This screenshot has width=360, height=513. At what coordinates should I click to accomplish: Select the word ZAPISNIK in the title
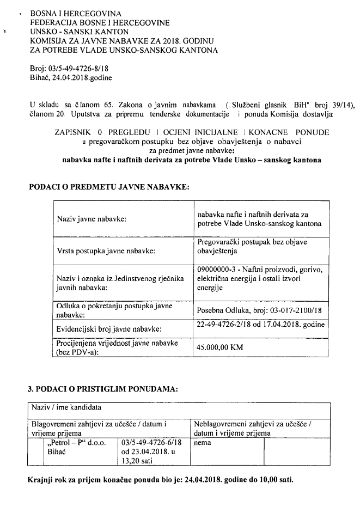pos(74,132)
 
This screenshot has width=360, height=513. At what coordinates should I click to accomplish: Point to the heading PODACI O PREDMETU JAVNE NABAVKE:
pos(108,187)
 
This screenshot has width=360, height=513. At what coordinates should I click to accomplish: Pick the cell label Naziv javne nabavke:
pos(91,219)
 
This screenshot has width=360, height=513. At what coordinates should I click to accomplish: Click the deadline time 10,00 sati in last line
pos(275,482)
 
